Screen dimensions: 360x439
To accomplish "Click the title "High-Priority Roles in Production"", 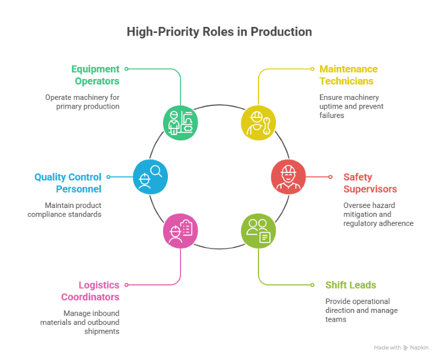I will point(219,32).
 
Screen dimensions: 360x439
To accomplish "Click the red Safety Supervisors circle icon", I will point(288,177).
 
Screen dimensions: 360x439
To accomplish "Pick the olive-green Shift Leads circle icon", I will point(258,231).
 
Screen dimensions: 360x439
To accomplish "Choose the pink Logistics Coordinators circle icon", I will point(181,231).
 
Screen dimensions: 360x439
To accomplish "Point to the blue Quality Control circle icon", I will point(150,177).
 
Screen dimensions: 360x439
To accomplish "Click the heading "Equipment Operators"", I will point(95,75).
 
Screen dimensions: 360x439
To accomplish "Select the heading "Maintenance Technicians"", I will point(348,75).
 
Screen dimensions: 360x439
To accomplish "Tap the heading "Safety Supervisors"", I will point(370,183).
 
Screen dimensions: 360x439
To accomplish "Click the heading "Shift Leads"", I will point(351,285).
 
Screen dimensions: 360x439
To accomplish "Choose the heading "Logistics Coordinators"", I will point(90,291).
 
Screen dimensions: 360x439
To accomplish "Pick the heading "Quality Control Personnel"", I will point(68,183).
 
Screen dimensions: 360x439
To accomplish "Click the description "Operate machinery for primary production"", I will point(82,102).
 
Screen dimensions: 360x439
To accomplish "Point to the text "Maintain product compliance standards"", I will point(65,210).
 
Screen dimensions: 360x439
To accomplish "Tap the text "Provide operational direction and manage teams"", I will point(362,310).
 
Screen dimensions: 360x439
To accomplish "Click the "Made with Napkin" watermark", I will point(401,347).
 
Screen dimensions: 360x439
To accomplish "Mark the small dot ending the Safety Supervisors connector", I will point(330,177).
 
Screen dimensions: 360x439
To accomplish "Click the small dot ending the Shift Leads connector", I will point(312,285).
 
